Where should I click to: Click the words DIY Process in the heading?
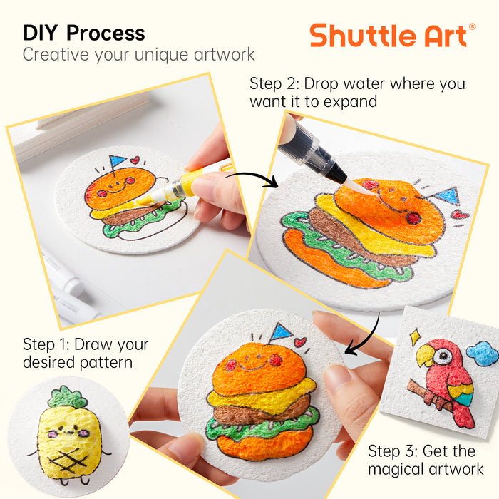(84, 33)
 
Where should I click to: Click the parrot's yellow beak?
(425, 355)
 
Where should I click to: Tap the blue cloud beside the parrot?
(483, 354)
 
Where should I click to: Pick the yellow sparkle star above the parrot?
(415, 337)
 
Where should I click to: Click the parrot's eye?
(443, 356)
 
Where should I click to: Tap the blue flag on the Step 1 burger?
(118, 160)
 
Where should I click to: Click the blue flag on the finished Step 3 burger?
(281, 332)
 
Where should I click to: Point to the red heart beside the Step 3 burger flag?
(300, 342)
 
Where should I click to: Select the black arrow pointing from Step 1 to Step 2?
(252, 177)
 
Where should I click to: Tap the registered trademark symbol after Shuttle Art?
(472, 27)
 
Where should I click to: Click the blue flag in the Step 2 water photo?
(448, 196)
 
